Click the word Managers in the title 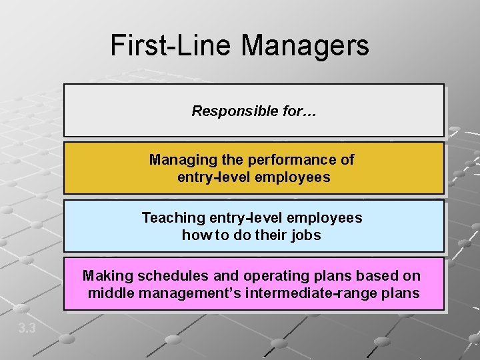point(305,45)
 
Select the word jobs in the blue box point(306,235)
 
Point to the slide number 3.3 point(27,328)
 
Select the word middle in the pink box point(109,293)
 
